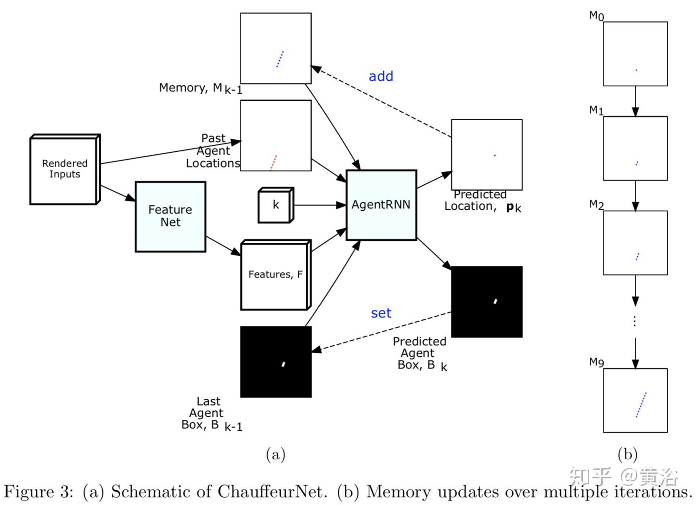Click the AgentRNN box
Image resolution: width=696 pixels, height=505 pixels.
(381, 205)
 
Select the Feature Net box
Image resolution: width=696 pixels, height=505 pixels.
(170, 216)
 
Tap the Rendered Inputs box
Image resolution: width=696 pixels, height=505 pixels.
(64, 169)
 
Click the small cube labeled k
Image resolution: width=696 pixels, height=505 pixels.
(276, 205)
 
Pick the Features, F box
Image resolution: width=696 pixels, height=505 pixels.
(275, 274)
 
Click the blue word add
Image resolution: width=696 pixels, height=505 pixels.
(380, 76)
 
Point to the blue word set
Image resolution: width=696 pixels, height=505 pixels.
(381, 313)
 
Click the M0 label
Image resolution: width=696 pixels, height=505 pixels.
(596, 16)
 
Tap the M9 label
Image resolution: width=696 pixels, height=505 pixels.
(596, 362)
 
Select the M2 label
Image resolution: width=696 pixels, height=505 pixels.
(596, 204)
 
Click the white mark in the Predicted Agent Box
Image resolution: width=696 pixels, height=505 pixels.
(496, 302)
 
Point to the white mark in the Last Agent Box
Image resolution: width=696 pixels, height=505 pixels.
(283, 364)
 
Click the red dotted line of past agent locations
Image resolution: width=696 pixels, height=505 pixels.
(273, 162)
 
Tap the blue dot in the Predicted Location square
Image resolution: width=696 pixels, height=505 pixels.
(495, 155)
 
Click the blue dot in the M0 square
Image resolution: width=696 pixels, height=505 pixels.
(636, 70)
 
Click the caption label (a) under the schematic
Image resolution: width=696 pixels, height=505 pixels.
(275, 454)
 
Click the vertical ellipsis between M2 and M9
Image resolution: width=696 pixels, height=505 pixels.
(635, 321)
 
